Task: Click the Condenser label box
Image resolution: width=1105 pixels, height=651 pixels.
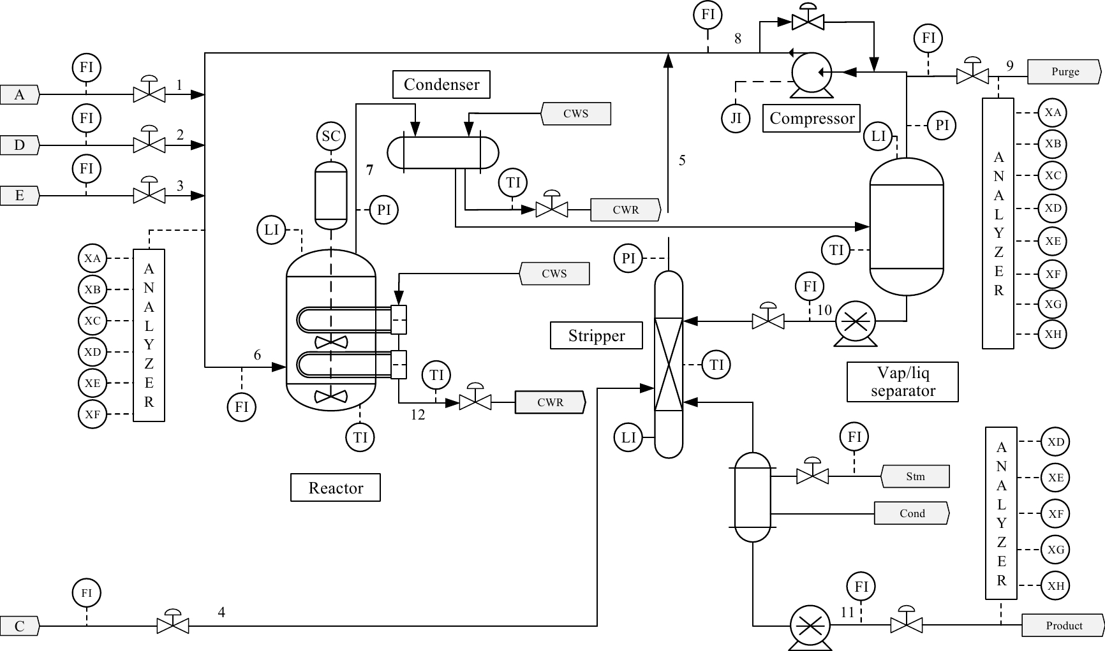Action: tap(441, 84)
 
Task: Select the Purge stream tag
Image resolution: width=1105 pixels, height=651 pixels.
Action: tap(1064, 71)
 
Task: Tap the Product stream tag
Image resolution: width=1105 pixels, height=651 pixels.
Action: tap(1064, 625)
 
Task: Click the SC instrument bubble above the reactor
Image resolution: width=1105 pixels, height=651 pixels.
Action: tap(331, 136)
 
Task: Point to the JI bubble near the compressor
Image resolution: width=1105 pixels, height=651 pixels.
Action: tap(736, 118)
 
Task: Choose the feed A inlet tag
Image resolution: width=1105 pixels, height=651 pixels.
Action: tap(20, 95)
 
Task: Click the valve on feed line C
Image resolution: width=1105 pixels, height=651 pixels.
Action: tap(173, 622)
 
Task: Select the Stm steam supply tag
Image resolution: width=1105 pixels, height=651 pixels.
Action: tap(915, 476)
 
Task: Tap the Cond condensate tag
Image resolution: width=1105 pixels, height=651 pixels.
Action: tap(912, 513)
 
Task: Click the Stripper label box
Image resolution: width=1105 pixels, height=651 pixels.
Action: tap(597, 335)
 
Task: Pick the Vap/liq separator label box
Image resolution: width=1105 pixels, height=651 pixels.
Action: tap(903, 382)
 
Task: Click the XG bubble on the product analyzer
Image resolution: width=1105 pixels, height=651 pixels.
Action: tap(1056, 550)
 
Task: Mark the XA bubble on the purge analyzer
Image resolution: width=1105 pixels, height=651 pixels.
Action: tap(1053, 113)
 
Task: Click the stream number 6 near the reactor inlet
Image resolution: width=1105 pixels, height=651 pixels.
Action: tap(257, 355)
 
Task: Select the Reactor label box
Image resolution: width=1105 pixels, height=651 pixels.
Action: tap(336, 488)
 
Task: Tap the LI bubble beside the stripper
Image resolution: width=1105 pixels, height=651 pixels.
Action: tap(628, 437)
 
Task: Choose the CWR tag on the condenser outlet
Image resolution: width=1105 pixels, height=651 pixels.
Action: tap(625, 210)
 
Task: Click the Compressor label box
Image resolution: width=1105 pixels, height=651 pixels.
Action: tap(812, 118)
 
